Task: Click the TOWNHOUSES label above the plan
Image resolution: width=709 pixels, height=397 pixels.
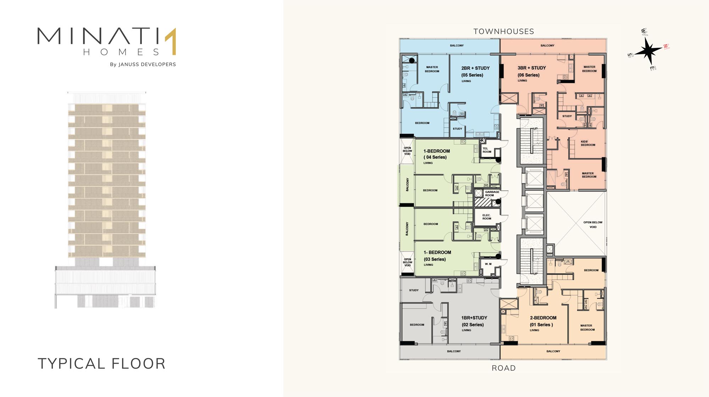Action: pos(504,32)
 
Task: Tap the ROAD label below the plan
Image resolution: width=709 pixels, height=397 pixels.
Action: pos(504,368)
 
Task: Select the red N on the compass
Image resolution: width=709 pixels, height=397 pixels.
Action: pos(666,46)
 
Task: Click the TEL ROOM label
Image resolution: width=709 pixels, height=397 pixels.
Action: pos(487,150)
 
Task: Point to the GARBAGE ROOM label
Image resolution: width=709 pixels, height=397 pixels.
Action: pos(492,194)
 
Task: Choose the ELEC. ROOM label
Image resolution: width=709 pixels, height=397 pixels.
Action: pos(487,217)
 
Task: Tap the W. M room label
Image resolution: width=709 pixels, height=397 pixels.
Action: pos(488,264)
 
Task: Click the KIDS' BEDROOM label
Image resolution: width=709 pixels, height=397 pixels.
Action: pos(588,143)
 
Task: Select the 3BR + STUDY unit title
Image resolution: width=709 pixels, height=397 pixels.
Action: pos(532,68)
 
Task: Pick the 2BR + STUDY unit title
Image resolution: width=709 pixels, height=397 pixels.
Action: pos(475,68)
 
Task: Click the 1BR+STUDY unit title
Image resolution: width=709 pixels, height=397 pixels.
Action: pos(474,318)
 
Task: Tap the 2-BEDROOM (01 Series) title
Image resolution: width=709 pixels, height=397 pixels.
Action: pos(543,321)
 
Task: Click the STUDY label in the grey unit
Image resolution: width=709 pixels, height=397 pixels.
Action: pos(414,290)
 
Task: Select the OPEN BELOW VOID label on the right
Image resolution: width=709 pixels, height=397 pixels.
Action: pos(593,225)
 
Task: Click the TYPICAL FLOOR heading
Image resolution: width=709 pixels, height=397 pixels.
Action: pos(101,364)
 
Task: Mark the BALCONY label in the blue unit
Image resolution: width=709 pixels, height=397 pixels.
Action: pos(457,46)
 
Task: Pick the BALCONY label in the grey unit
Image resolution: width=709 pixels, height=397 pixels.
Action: pos(454,351)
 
